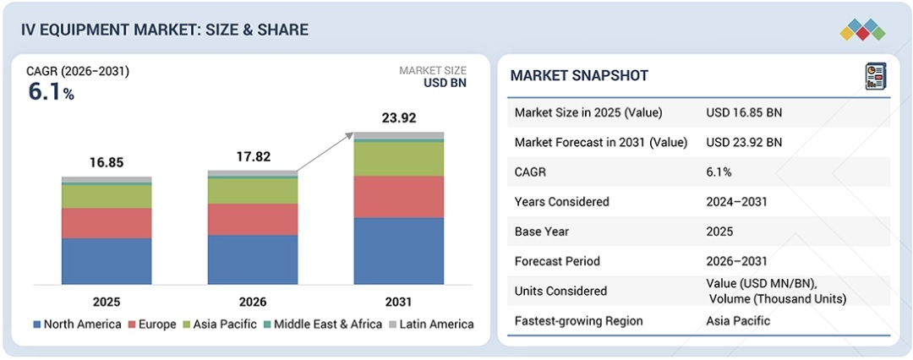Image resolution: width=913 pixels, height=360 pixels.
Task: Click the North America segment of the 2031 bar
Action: pos(398,251)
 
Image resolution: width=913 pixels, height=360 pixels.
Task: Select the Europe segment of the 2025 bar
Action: pos(107,223)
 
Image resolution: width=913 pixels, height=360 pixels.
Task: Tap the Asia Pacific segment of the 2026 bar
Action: pos(253,191)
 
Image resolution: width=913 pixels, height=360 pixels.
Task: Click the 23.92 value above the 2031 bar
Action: pos(399,118)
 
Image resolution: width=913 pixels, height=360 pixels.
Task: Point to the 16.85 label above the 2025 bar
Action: pos(107,163)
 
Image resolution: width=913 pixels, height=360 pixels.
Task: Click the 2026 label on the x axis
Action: pos(253,302)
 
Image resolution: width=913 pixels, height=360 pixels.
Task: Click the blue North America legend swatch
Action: pos(38,325)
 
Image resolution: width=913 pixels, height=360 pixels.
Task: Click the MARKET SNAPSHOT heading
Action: pos(579,76)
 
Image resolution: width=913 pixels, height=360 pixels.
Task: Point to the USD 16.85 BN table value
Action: pos(744,112)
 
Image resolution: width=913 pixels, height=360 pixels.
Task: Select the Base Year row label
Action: pos(542,232)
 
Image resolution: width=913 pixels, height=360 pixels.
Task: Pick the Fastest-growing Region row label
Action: pos(578,321)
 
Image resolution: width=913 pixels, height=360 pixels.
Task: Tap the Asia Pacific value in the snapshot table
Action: pos(738,321)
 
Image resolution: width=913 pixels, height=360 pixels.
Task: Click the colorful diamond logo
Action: pos(861,30)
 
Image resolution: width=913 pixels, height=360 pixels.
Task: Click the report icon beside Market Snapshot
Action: pos(875,76)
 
